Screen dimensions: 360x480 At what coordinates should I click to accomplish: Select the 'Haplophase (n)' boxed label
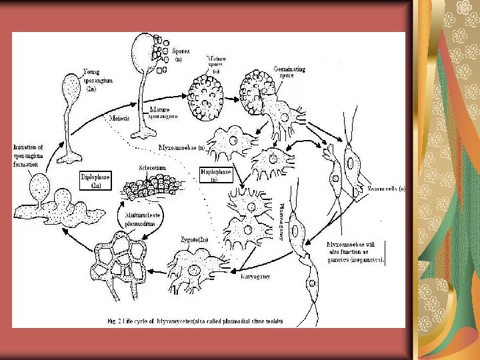point(215,175)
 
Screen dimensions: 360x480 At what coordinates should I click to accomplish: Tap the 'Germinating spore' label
point(288,72)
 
